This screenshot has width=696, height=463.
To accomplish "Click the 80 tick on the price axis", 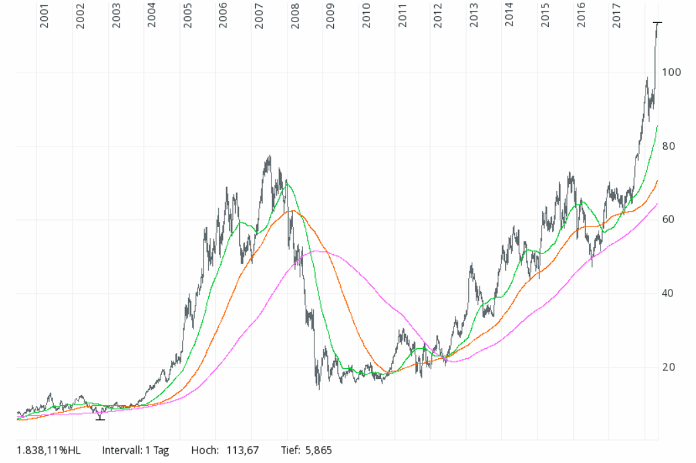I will pyautogui.click(x=669, y=146).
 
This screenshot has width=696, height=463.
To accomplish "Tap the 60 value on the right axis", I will pyautogui.click(x=669, y=220).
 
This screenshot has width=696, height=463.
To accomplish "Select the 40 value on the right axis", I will pyautogui.click(x=669, y=294).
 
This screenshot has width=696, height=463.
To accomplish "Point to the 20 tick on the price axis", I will pyautogui.click(x=669, y=368).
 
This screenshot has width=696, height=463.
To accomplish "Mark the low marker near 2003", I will pyautogui.click(x=100, y=419).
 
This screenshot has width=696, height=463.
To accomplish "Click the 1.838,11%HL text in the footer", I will pyautogui.click(x=48, y=450).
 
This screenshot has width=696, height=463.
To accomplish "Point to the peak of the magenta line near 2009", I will pyautogui.click(x=317, y=251).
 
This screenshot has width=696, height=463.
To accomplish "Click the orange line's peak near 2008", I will pyautogui.click(x=291, y=211).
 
